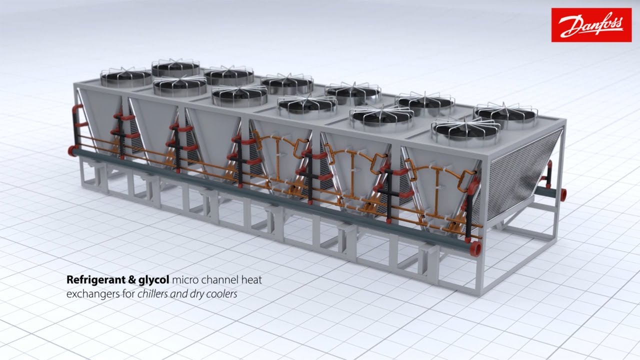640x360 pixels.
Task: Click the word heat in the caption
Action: tap(251, 280)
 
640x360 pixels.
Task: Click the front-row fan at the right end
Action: tap(466, 129)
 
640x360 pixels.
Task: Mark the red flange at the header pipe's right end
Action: tap(475, 247)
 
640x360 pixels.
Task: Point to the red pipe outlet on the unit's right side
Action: tap(563, 194)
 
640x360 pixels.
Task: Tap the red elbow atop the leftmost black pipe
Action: tap(77, 109)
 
